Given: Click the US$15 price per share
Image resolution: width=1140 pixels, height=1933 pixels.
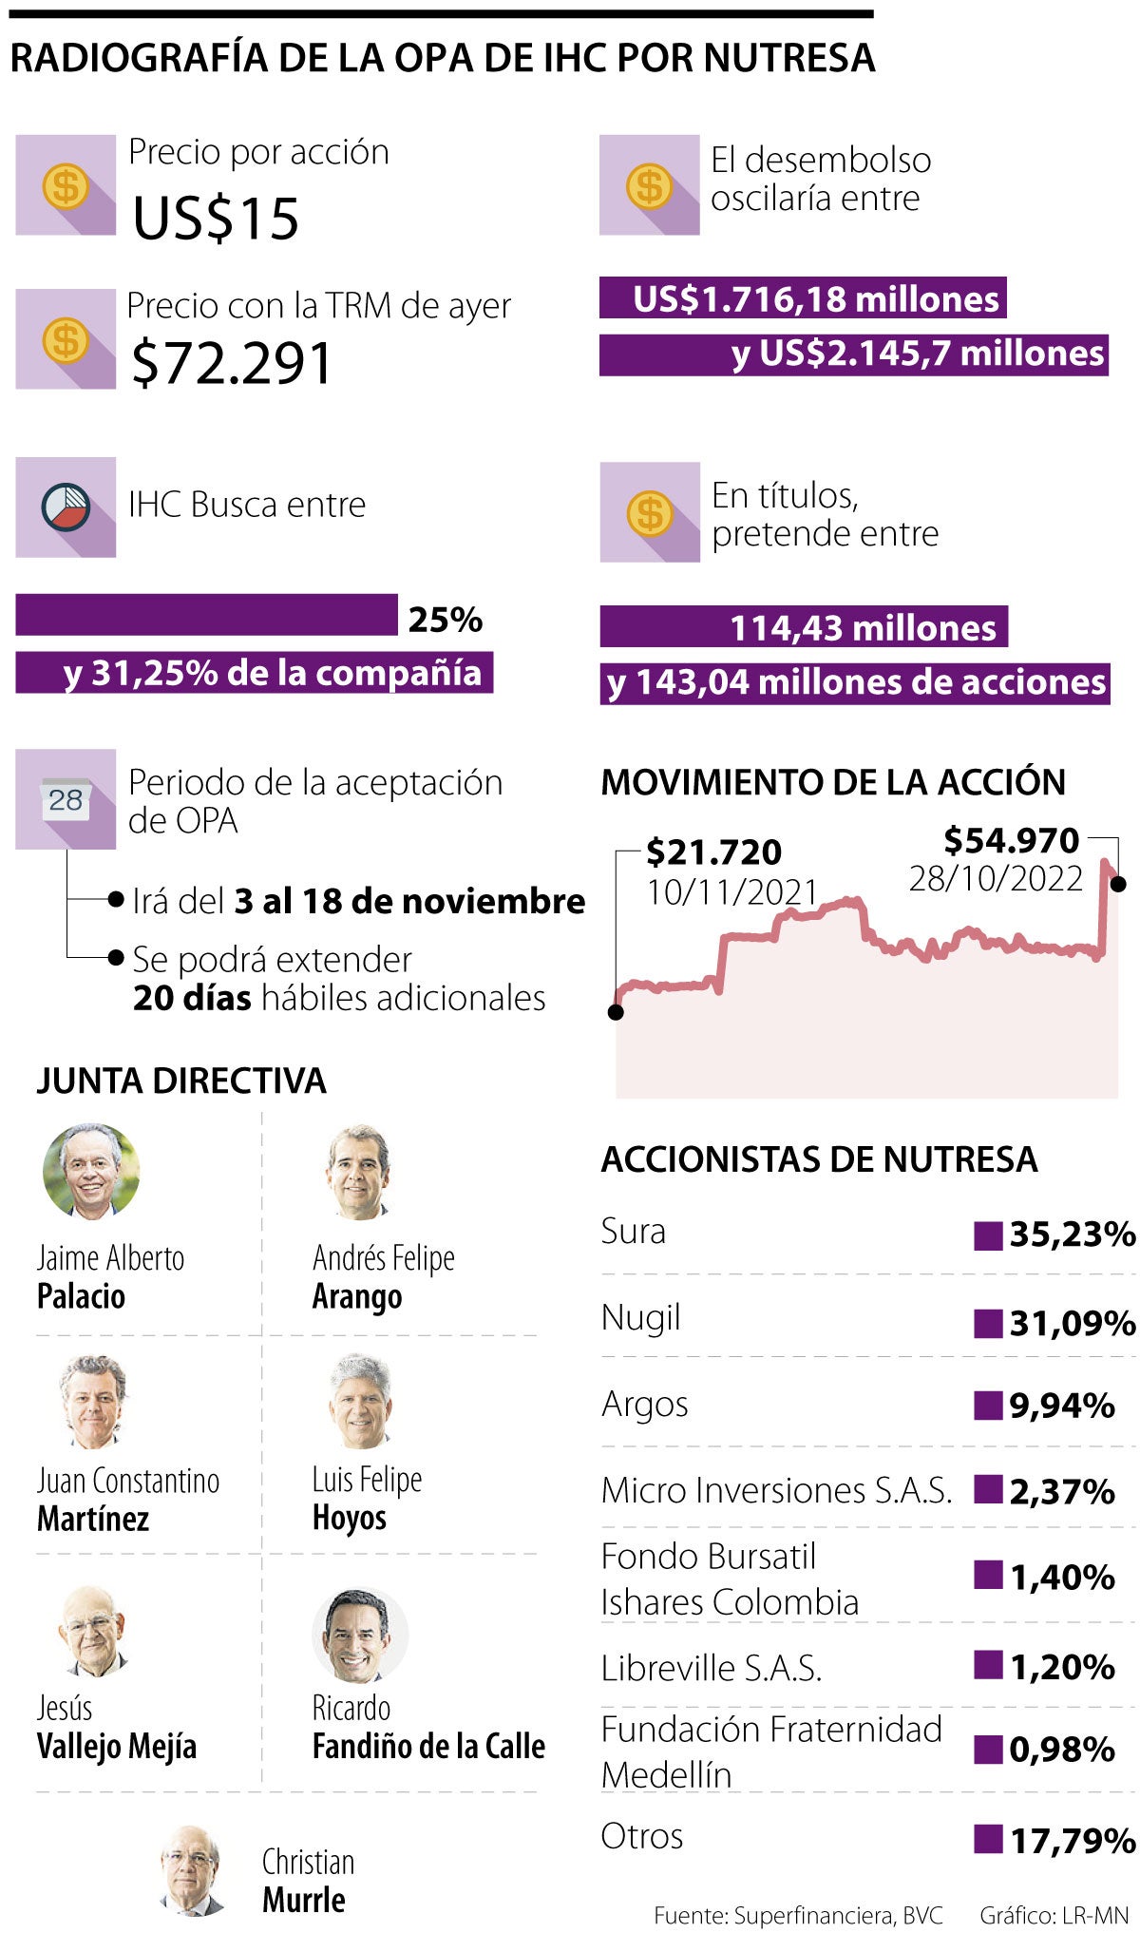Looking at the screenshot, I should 216,218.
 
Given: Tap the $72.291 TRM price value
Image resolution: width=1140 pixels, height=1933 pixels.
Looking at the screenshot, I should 232,363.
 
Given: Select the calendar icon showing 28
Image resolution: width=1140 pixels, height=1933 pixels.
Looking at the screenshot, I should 66,799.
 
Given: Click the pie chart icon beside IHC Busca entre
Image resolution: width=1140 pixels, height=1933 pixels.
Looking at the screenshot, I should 66,507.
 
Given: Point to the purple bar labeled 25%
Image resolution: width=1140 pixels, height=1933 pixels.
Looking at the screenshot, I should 206,615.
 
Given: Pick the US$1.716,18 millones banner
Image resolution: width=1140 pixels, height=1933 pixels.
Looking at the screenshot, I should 803,298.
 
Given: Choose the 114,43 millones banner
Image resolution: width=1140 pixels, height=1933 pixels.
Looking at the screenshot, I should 804,627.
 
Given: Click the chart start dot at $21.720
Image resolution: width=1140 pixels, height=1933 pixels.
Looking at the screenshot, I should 616,1012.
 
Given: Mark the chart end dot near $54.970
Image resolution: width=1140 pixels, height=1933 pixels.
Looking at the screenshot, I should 1118,884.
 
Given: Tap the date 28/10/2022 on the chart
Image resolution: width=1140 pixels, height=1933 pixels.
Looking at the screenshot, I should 996,879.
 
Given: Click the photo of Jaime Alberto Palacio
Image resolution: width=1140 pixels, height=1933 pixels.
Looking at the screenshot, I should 91,1171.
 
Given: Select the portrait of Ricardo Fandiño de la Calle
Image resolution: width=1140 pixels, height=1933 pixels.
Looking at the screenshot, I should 360,1635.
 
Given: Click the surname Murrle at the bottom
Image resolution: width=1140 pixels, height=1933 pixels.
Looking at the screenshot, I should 303,1900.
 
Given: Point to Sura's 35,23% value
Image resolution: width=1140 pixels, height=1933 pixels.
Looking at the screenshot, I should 1072,1234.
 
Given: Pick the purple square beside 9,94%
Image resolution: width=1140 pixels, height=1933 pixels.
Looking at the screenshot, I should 988,1405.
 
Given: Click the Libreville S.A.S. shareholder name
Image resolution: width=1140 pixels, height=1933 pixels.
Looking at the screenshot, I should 712,1668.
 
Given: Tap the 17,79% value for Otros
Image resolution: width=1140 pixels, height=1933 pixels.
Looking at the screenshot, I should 1072,1841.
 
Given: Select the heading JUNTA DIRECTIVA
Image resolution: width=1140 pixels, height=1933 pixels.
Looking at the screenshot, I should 181,1081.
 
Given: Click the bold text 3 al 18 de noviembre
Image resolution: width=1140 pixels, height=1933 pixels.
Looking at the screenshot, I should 409,901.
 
